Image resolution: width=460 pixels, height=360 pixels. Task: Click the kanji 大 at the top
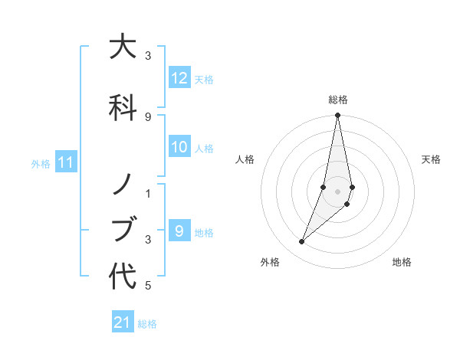(123, 47)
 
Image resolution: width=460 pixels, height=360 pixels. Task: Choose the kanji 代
(123, 276)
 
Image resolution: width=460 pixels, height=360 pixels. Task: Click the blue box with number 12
(179, 78)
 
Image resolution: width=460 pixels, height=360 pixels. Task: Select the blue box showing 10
(179, 148)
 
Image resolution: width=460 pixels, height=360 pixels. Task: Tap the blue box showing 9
(179, 231)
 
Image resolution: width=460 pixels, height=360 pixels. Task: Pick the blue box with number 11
(65, 162)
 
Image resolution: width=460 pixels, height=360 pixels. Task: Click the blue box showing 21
(123, 322)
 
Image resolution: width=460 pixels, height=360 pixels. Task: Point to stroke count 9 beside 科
(148, 116)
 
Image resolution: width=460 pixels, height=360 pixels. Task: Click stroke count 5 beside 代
(148, 286)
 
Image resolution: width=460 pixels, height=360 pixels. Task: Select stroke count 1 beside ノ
(148, 193)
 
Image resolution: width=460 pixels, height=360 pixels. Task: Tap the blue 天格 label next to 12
(204, 79)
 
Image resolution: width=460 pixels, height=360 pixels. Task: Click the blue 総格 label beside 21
(147, 323)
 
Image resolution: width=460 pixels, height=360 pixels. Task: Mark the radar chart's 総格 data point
(337, 116)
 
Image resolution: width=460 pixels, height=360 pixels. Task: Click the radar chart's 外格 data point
(301, 242)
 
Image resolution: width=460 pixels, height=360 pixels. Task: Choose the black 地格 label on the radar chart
(402, 262)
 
